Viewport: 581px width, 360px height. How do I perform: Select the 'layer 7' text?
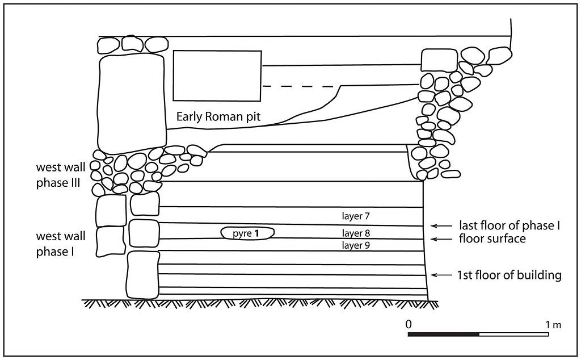click(356, 216)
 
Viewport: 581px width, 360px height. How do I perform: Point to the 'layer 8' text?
click(356, 233)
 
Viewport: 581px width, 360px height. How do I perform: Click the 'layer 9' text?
click(356, 245)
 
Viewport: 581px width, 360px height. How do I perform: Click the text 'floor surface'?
click(492, 239)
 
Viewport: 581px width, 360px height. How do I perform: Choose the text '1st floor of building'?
click(509, 275)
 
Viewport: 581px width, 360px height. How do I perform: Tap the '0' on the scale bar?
click(409, 325)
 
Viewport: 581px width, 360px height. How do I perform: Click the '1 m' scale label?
click(553, 325)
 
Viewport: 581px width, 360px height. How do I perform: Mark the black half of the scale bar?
click(444, 334)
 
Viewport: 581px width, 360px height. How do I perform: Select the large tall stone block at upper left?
click(133, 103)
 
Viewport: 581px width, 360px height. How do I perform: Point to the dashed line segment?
click(298, 86)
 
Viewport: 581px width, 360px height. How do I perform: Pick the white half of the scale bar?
click(513, 334)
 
